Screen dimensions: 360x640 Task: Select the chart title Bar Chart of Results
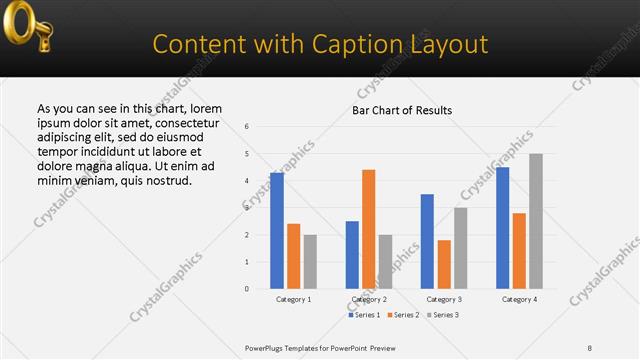pyautogui.click(x=402, y=110)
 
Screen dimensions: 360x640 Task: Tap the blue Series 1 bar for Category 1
pyautogui.click(x=277, y=231)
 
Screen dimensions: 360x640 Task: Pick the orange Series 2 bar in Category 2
pyautogui.click(x=369, y=229)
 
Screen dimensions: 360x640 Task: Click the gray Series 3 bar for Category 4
pyautogui.click(x=536, y=221)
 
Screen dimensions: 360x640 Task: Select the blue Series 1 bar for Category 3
pyautogui.click(x=427, y=241)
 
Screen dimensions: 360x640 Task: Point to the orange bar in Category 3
pyautogui.click(x=444, y=264)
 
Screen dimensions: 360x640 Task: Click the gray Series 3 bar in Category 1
pyautogui.click(x=310, y=262)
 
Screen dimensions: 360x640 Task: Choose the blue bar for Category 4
pyautogui.click(x=502, y=228)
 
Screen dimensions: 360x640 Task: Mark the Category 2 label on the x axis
pyautogui.click(x=369, y=299)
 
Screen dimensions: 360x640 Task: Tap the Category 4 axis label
pyautogui.click(x=519, y=299)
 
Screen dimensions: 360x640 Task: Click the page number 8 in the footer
pyautogui.click(x=590, y=347)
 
